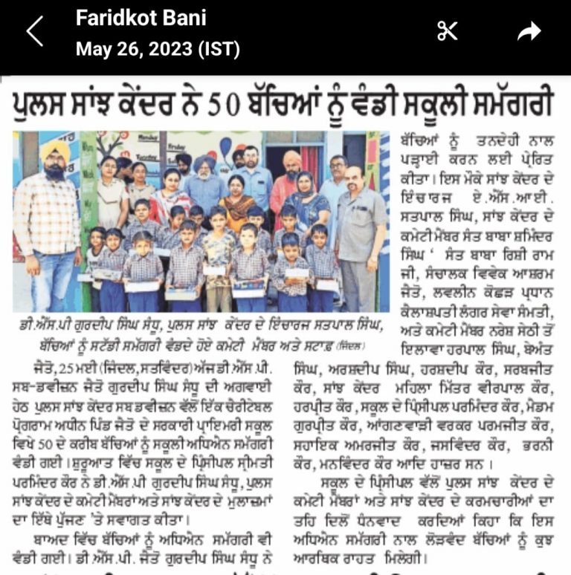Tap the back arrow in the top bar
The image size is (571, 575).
(x=34, y=31)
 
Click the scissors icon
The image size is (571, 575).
(x=447, y=31)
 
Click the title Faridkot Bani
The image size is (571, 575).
(x=141, y=18)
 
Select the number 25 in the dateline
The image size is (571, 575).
(x=49, y=366)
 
